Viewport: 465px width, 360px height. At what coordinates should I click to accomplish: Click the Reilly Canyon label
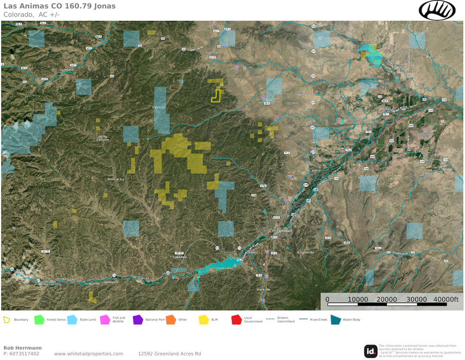102,138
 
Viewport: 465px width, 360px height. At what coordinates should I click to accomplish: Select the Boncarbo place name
115,179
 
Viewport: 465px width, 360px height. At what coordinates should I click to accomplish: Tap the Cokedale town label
181,257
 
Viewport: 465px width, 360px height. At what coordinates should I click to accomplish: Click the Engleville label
306,252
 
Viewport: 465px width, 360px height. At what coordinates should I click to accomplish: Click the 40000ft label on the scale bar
446,300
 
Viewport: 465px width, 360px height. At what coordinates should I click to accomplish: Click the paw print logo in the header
437,10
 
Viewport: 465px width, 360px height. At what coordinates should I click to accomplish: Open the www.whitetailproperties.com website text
89,354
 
